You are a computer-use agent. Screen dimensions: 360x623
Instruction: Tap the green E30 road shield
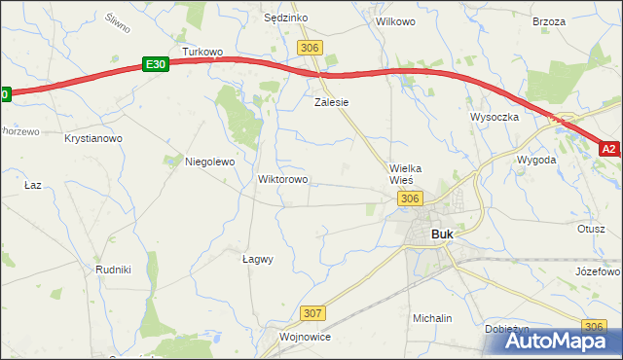[x=154, y=64]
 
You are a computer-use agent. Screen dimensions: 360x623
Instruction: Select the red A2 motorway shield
[x=608, y=149]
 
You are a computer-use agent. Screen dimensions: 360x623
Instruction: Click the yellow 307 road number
[x=312, y=313]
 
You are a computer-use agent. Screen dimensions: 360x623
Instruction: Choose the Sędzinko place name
[x=286, y=18]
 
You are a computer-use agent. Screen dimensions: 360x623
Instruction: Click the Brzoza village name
[x=549, y=20]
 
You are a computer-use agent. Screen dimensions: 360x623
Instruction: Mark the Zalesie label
[x=331, y=101]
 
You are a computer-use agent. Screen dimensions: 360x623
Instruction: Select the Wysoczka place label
[x=495, y=117]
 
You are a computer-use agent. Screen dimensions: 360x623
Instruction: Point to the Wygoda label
[x=536, y=159]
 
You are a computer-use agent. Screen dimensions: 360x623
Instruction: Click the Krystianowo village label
[x=93, y=139]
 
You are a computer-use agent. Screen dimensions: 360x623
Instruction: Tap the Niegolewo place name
[x=210, y=162]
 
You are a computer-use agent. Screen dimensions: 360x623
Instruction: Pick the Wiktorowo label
[x=282, y=180]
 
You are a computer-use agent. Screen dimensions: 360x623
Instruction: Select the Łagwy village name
[x=257, y=259]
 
